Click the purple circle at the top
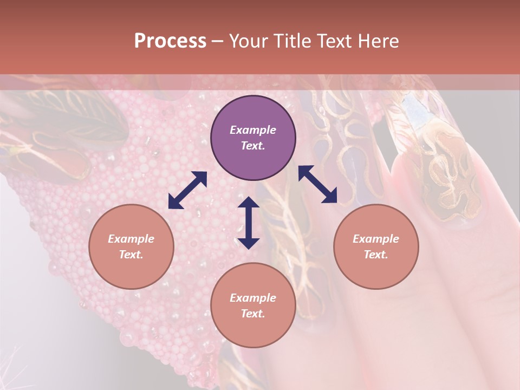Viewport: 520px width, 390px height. point(253,138)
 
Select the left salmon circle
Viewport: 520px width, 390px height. point(131,246)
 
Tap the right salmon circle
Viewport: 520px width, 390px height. point(376,246)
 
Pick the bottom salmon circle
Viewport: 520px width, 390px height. point(253,305)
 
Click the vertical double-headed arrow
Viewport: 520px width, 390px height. point(249,223)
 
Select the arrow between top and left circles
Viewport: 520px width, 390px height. point(187,190)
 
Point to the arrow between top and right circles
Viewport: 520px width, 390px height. point(317,184)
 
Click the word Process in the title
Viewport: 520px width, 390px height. point(170,41)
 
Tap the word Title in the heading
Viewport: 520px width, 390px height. point(292,41)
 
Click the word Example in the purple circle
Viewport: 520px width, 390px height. point(253,130)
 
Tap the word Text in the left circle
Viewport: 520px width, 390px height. point(131,255)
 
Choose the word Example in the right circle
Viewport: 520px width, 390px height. point(376,239)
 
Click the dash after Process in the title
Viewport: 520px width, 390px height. point(217,42)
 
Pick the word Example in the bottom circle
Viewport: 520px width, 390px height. point(253,298)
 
